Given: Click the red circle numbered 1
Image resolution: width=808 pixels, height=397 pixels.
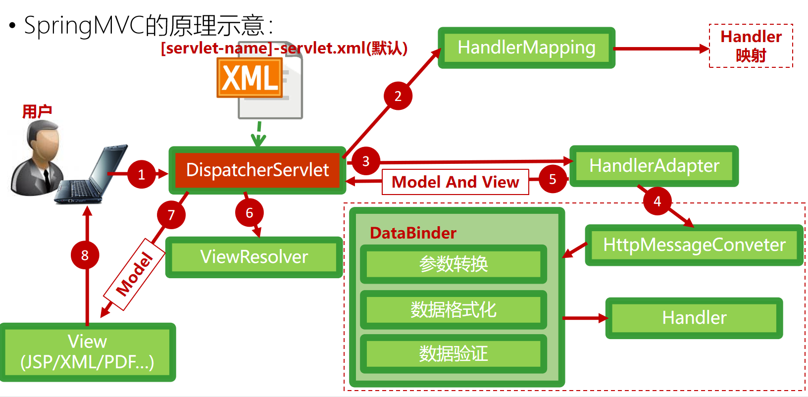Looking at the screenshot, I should point(142,174).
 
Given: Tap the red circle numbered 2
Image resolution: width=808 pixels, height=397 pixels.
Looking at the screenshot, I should point(398,96).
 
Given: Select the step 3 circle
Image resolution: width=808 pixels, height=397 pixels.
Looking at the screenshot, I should point(366,161).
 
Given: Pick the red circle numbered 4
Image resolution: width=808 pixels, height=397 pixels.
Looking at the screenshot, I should point(657,201).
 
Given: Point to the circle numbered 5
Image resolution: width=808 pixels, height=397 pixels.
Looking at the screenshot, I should point(553,179).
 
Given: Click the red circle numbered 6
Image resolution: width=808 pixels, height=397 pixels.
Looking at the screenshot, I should point(250,213).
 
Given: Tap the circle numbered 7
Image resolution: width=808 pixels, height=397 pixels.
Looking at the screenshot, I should point(171,215).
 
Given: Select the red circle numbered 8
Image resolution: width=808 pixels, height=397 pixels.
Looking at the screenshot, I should point(85,255).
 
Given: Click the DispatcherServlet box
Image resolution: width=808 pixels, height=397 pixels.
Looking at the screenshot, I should point(257,170).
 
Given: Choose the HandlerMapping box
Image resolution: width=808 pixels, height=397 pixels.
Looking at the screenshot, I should point(526,48).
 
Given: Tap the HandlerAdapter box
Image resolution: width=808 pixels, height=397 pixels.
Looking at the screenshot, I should point(654,166).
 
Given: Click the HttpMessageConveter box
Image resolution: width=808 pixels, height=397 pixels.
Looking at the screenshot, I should point(694,245).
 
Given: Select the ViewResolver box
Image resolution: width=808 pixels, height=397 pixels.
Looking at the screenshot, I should point(254,257).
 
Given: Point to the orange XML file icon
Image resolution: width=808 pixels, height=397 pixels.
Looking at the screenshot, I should point(250,78).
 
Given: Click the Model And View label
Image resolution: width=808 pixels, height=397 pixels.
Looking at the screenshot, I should point(455,182).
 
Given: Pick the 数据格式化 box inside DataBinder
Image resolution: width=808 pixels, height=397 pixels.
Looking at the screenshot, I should point(453,310).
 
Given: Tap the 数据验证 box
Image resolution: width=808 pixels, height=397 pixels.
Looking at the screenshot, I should point(453,353).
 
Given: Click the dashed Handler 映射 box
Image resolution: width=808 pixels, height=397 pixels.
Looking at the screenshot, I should point(751,46).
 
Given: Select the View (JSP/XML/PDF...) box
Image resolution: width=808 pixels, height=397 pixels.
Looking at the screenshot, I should point(87,352).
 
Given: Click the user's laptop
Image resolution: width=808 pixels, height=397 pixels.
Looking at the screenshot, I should point(89,178).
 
